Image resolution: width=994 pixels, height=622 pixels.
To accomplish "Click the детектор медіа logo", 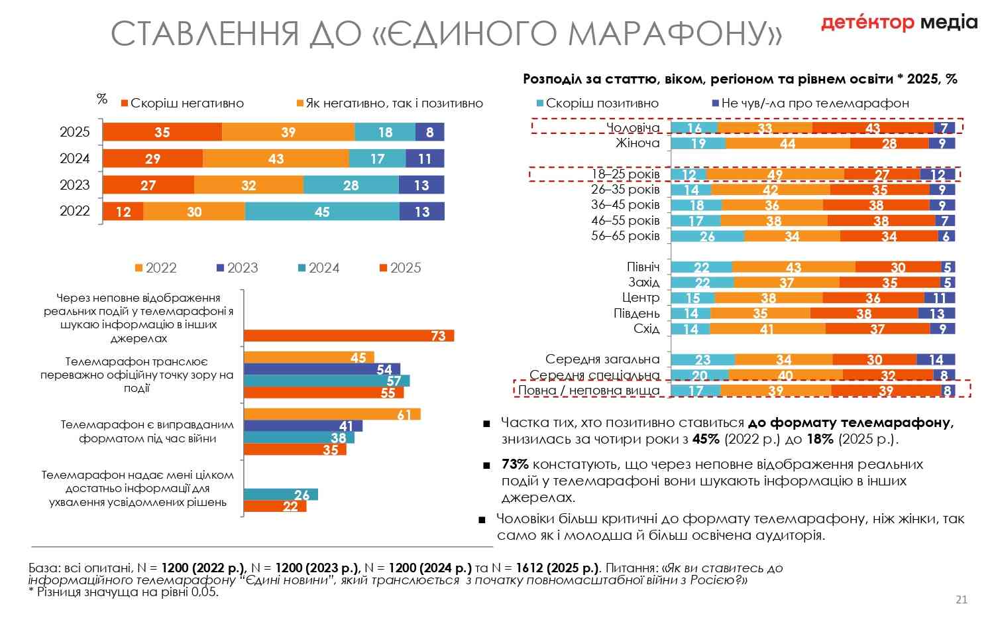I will [899, 23].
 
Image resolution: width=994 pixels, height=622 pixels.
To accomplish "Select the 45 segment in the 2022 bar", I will [322, 212].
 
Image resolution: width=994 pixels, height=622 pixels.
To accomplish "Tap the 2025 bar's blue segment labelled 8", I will [429, 132].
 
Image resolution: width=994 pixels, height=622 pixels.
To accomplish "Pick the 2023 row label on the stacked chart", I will [74, 185].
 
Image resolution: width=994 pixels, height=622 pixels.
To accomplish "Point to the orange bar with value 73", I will [349, 336].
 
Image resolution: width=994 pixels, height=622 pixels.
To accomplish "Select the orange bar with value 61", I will [331, 414].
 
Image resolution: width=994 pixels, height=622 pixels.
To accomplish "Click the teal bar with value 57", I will [327, 381].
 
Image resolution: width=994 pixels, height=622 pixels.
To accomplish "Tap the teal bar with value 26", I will [280, 495].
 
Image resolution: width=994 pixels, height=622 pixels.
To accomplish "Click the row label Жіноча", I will [637, 143].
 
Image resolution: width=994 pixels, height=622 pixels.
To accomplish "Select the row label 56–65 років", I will [625, 236].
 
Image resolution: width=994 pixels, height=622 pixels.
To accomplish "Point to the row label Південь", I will [637, 314].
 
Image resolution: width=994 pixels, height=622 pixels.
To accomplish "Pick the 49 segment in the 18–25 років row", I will [775, 174].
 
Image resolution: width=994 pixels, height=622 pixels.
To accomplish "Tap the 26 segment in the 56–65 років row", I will [707, 236].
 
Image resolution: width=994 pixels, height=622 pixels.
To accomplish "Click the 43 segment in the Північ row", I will [793, 267].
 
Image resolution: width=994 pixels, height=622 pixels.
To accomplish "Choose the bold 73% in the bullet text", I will [515, 464].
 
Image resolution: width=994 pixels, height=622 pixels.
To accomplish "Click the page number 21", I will [962, 599].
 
